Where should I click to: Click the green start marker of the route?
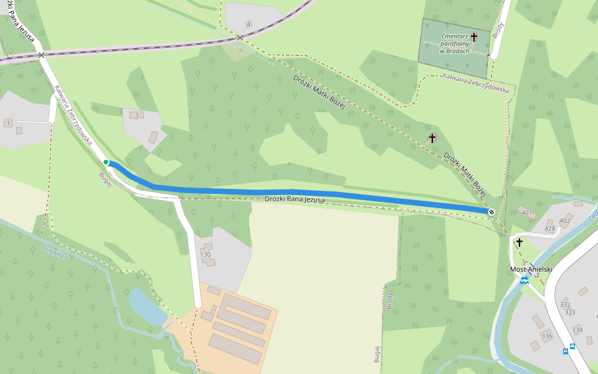point(106,163)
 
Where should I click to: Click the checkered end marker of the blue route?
point(491,212)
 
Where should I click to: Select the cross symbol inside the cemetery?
point(473,37)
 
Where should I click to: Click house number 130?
point(206,254)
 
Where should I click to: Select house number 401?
point(527,213)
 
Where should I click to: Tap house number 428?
point(549,229)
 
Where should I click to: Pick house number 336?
point(547,336)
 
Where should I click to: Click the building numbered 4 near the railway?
point(249,24)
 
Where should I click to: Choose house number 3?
point(136,115)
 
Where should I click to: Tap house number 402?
point(565,221)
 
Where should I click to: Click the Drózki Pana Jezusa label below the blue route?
point(295,199)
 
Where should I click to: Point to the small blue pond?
point(146,307)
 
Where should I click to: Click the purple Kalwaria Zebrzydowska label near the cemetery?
point(475,83)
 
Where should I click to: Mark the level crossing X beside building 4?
point(240,38)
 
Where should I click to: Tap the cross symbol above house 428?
point(519,242)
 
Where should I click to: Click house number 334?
point(577,330)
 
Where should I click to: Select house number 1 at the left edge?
point(7,122)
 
